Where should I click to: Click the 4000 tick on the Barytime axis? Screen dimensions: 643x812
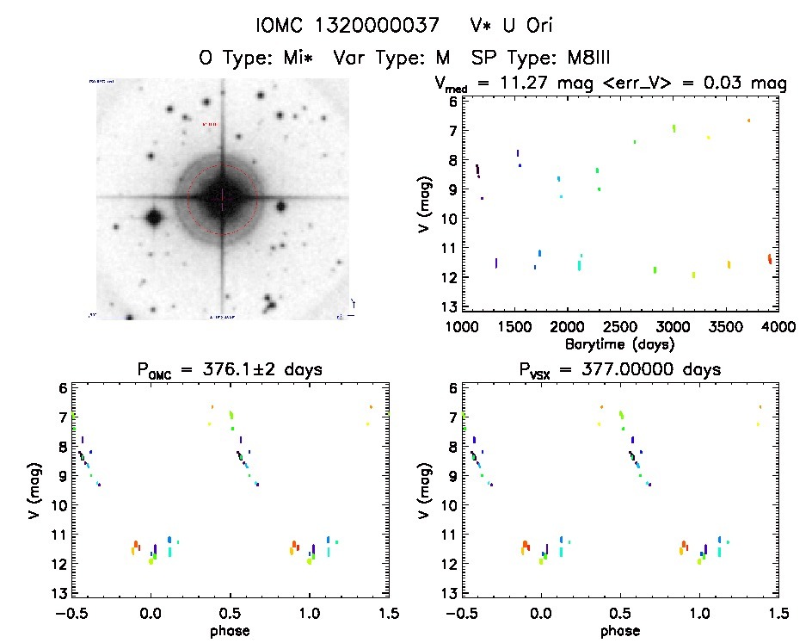pyautogui.click(x=777, y=327)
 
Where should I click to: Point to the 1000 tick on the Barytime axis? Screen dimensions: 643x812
pyautogui.click(x=461, y=327)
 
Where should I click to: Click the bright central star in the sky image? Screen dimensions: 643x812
pyautogui.click(x=223, y=197)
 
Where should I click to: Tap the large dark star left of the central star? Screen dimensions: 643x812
pyautogui.click(x=154, y=218)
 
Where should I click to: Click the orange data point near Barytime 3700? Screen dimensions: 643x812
pyautogui.click(x=748, y=121)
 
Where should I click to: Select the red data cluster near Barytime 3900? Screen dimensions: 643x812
pyautogui.click(x=769, y=258)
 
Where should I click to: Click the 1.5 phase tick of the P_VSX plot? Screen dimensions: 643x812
pyautogui.click(x=778, y=613)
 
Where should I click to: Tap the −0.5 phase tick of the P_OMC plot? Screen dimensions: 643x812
pyautogui.click(x=69, y=613)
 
